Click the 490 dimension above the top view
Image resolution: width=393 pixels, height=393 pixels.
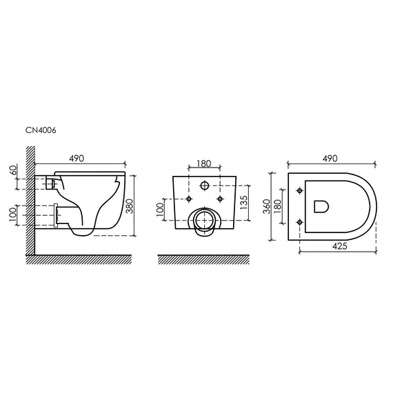click(x=331, y=159)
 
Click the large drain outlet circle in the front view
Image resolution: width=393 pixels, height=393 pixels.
click(x=204, y=220)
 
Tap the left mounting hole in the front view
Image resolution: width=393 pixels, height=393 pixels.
click(x=188, y=198)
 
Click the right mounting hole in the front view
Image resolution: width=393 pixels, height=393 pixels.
click(x=220, y=198)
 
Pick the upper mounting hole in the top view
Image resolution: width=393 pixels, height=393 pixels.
click(x=299, y=189)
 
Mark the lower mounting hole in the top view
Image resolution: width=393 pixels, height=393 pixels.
click(x=299, y=221)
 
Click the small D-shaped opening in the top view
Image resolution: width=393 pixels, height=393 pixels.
click(x=321, y=205)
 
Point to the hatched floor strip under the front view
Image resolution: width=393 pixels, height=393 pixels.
click(x=204, y=259)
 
